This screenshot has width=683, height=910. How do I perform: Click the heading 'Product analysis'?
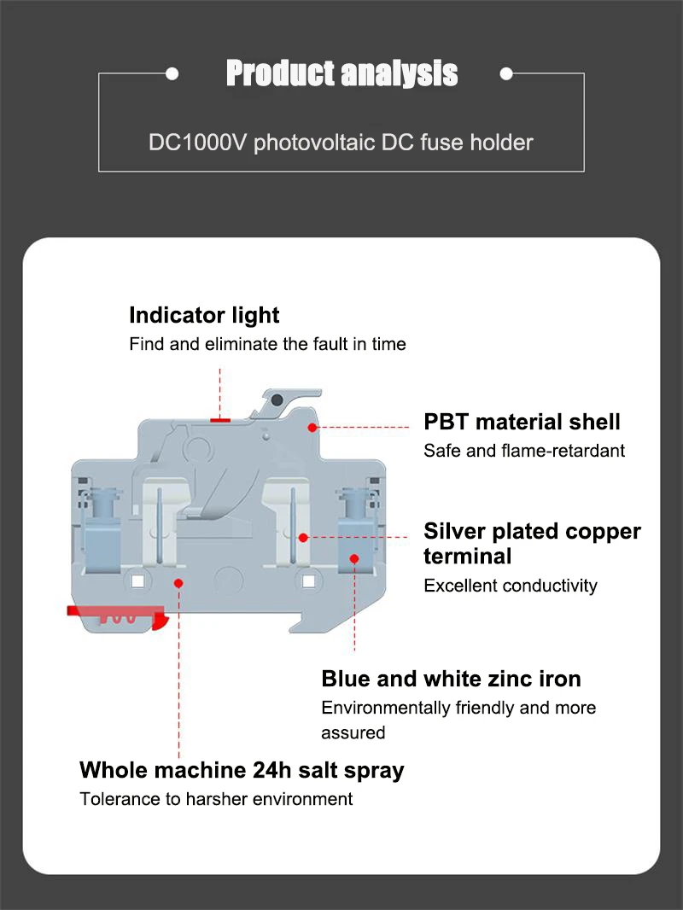click(341, 74)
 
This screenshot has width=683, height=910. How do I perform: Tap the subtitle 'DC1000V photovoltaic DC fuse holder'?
click(341, 142)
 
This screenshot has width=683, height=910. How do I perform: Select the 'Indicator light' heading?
click(204, 315)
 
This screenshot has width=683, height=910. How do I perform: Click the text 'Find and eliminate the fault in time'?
click(267, 344)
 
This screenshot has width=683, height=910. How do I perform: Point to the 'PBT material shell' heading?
click(522, 422)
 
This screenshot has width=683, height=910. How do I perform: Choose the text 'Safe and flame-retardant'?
click(524, 450)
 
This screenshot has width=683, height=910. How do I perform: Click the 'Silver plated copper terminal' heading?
click(532, 543)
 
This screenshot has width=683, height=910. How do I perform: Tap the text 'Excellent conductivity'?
click(511, 586)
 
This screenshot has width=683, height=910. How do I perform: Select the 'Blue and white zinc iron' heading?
click(451, 679)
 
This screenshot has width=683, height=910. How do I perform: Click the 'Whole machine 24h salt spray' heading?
click(242, 770)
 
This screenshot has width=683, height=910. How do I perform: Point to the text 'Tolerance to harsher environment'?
click(216, 799)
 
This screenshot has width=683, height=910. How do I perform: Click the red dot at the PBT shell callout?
click(313, 426)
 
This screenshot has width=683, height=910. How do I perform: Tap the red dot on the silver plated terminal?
click(303, 538)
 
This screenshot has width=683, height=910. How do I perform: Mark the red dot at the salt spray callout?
click(179, 582)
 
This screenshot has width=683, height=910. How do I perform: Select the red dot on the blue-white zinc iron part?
click(355, 558)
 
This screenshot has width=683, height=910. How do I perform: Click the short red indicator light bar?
click(220, 419)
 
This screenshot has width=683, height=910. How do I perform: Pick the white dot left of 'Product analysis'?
click(172, 74)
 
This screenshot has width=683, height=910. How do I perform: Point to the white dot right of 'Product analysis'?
click(505, 74)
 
